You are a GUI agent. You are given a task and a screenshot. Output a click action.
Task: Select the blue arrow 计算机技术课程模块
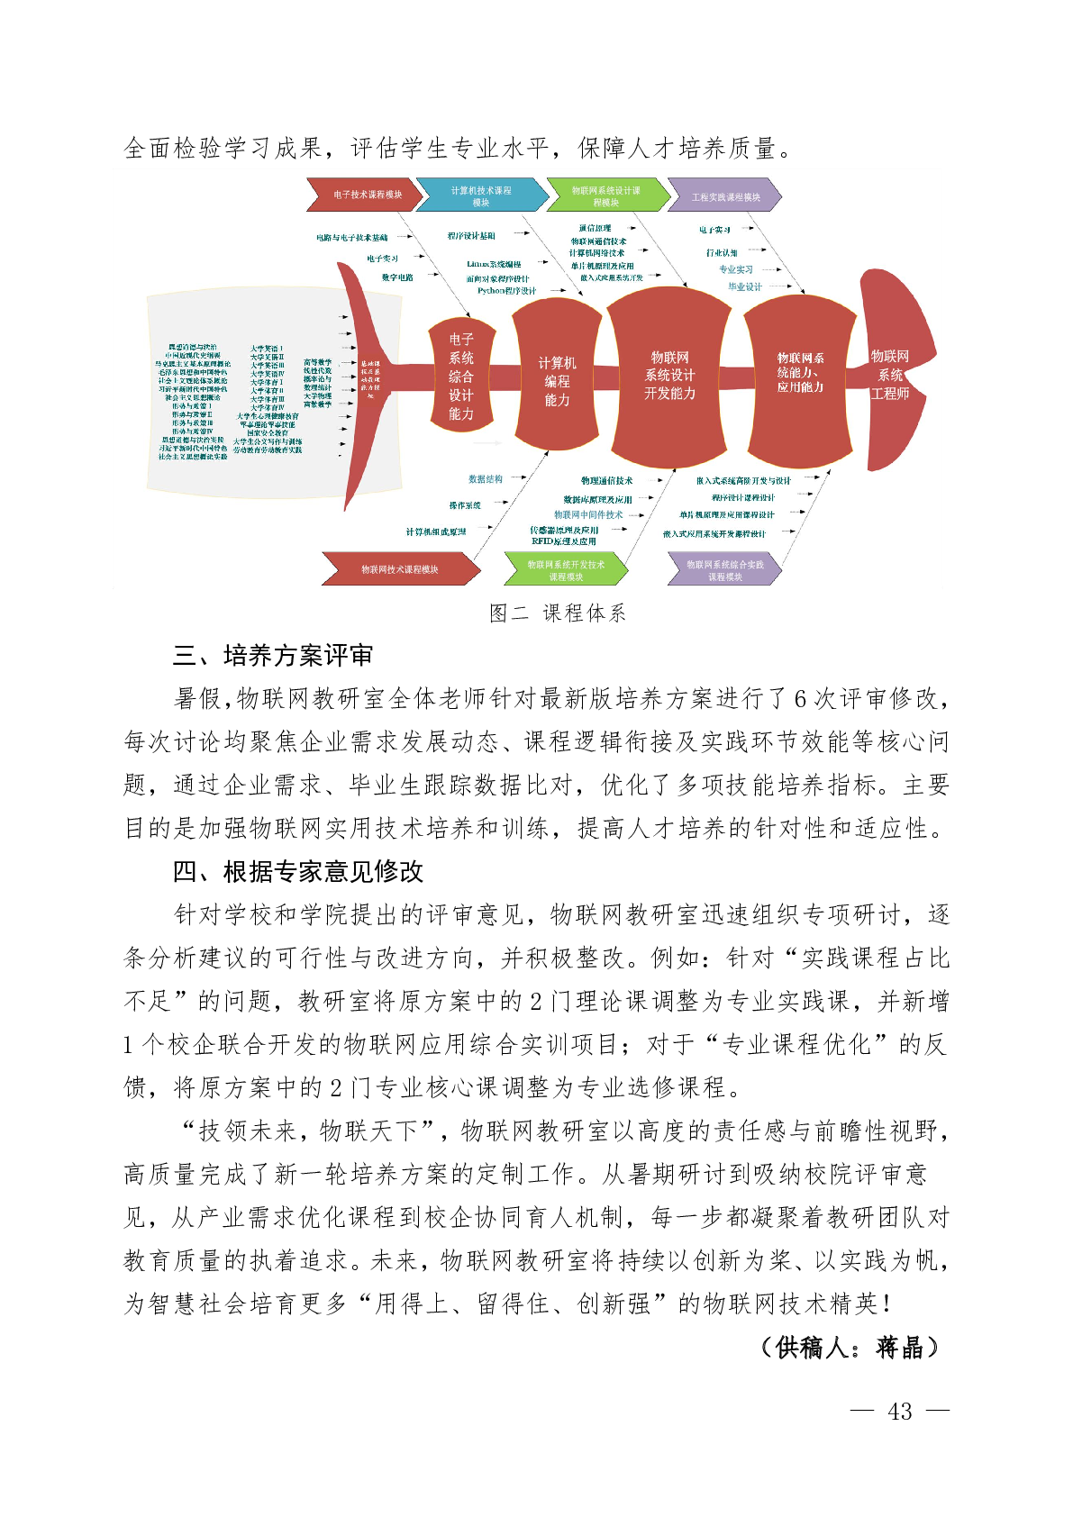[x=481, y=195]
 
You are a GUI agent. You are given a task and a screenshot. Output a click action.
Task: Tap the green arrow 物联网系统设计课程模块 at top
[x=605, y=195]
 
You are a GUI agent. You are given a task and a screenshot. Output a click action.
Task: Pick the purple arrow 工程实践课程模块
[x=724, y=196]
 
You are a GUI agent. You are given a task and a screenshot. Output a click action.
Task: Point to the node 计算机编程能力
[x=557, y=380]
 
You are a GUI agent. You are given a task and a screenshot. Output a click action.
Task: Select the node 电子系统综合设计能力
[x=460, y=376]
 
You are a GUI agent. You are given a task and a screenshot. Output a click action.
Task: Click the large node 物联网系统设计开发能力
[x=669, y=375]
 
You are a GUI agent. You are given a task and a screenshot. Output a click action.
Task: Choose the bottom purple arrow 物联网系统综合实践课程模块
[x=724, y=570]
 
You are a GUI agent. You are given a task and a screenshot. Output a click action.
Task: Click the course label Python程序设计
[x=506, y=291]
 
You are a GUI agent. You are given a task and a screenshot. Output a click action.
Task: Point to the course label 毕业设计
[x=745, y=286]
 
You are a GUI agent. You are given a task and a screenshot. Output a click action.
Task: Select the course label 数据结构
[x=486, y=479]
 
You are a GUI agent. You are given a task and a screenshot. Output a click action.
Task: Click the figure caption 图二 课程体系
[x=557, y=613]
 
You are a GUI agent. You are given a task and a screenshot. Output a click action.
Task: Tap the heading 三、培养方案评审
[x=273, y=656]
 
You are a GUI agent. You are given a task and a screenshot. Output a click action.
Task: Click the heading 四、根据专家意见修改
[x=298, y=872]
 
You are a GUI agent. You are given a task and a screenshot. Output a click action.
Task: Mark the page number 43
[x=899, y=1412]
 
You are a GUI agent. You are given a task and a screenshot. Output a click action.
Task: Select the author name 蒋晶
[x=899, y=1348]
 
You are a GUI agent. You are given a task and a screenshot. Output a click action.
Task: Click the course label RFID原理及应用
[x=564, y=541]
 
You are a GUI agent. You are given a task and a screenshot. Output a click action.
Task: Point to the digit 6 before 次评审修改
[x=801, y=699]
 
